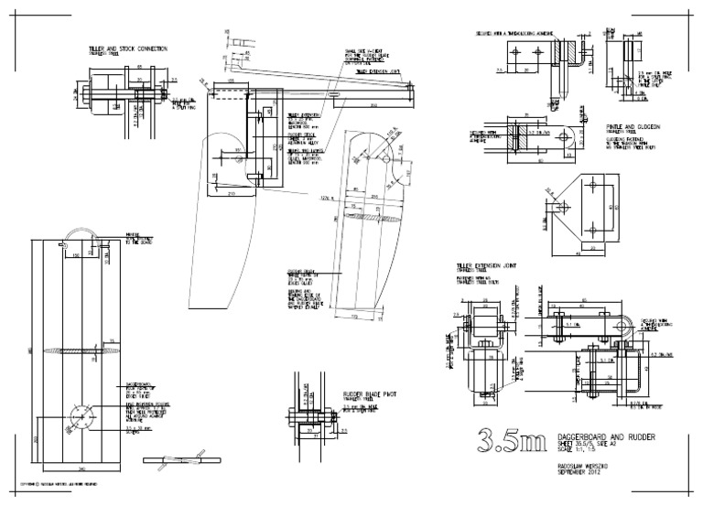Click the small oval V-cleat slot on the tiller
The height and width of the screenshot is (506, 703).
[x=336, y=92]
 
